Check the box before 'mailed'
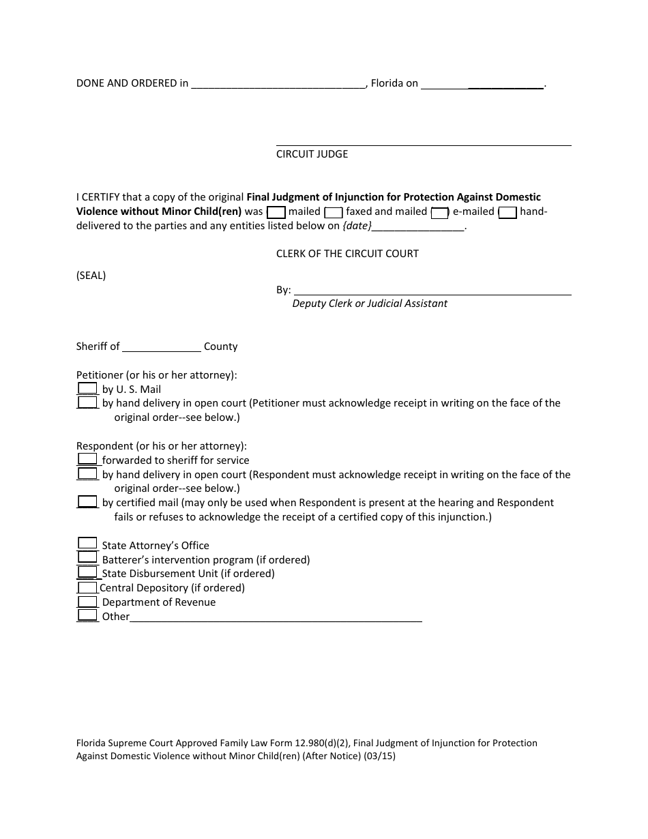point(276,212)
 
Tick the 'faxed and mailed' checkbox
point(334,212)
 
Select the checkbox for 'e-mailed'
point(440,212)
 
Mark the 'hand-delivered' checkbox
point(507,212)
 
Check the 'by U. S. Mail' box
point(87,389)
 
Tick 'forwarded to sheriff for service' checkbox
point(87,459)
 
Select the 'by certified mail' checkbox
point(87,502)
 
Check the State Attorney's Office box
point(87,544)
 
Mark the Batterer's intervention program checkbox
point(87,558)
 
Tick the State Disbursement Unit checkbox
point(87,572)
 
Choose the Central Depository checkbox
point(87,587)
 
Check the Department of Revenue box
point(87,602)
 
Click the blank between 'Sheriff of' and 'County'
point(162,347)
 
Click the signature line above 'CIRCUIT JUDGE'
point(423,143)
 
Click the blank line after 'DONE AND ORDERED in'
point(279,85)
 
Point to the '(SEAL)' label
point(91,276)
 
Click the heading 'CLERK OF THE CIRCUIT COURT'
point(347,254)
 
